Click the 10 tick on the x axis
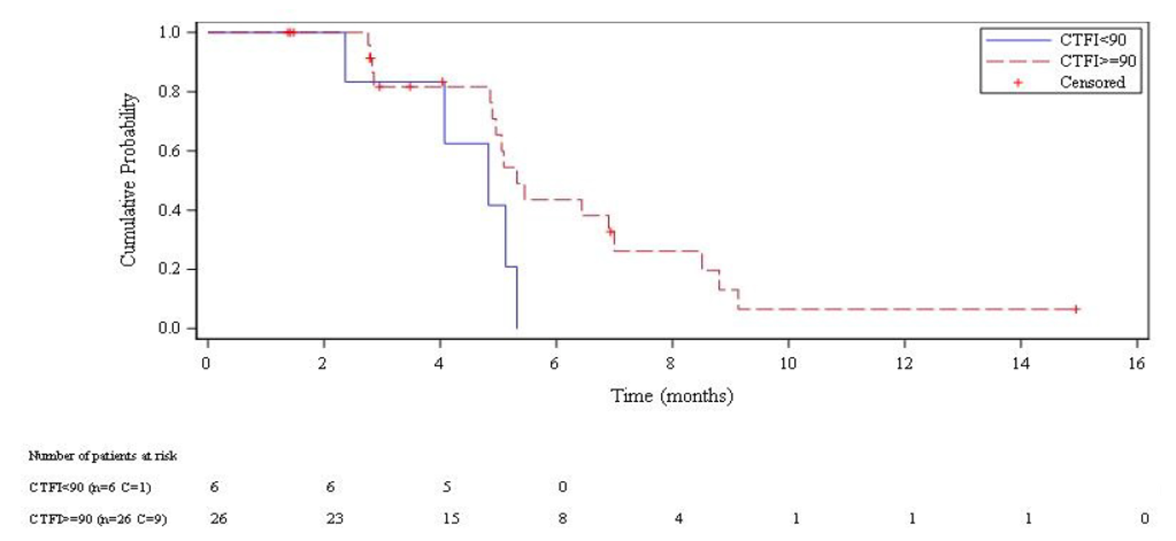tap(788, 363)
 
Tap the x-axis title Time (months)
tap(672, 397)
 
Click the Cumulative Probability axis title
tap(128, 180)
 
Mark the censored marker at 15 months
tap(1076, 309)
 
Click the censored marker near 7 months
tap(610, 231)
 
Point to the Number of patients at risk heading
tap(103, 456)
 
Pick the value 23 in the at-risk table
tap(334, 519)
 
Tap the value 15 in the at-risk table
tap(450, 519)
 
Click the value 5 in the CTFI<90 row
tap(447, 487)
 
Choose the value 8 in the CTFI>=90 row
tap(563, 519)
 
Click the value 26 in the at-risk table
tap(218, 519)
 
